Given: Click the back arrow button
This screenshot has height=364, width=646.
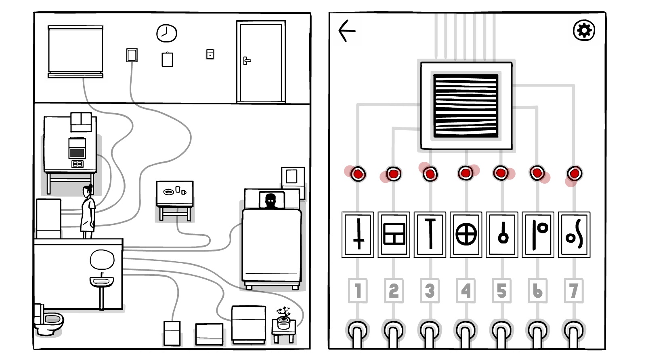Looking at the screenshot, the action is point(347,31).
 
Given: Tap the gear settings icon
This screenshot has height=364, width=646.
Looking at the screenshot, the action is point(584,30).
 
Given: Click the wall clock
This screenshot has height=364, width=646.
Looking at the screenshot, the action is point(166,33).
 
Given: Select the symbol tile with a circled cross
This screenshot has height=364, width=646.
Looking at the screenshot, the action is point(466,235).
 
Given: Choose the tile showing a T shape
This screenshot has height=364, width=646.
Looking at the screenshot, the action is point(430,235).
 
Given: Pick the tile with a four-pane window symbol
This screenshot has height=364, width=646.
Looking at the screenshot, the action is point(394,235).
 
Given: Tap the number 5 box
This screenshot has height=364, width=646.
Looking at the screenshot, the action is point(501,290).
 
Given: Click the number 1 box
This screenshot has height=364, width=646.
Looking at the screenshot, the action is point(358,290).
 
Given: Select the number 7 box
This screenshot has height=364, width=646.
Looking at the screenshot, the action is point(574,290).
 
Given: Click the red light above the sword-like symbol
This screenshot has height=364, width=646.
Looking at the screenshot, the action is point(358,174).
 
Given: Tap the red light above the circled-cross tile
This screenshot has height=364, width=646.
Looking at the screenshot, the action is point(466,174).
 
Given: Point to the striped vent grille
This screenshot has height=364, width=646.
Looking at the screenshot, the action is point(466,106).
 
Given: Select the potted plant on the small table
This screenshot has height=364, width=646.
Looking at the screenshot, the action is point(283,318).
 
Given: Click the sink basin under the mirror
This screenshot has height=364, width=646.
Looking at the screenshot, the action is point(101,281).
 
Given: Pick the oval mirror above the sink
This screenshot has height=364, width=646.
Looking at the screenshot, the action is point(102,260).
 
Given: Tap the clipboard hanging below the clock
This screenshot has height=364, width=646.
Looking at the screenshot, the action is point(167,59).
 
